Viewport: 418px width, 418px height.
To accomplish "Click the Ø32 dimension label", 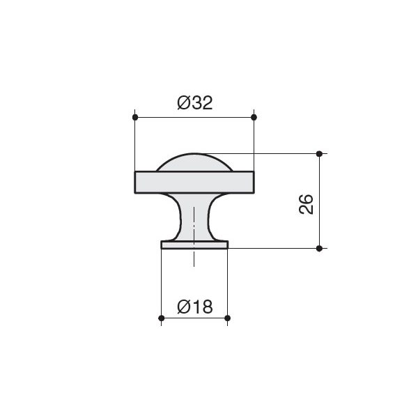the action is pyautogui.click(x=195, y=102).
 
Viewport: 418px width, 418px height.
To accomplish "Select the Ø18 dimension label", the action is pyautogui.click(x=195, y=307).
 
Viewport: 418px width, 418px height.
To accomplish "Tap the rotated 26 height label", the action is pyautogui.click(x=306, y=204).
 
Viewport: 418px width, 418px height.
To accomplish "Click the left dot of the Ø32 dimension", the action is pyautogui.click(x=135, y=117).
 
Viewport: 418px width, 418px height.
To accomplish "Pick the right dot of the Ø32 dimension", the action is pyautogui.click(x=254, y=117).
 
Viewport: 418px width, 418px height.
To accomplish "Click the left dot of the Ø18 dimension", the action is pyautogui.click(x=162, y=318).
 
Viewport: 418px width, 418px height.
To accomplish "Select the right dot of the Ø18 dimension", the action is pyautogui.click(x=227, y=318).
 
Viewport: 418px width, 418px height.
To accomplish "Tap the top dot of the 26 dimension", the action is pyautogui.click(x=319, y=154).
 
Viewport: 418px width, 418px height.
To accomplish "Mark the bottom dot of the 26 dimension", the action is pyautogui.click(x=319, y=249).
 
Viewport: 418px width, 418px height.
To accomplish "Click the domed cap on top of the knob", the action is pyautogui.click(x=194, y=163).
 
